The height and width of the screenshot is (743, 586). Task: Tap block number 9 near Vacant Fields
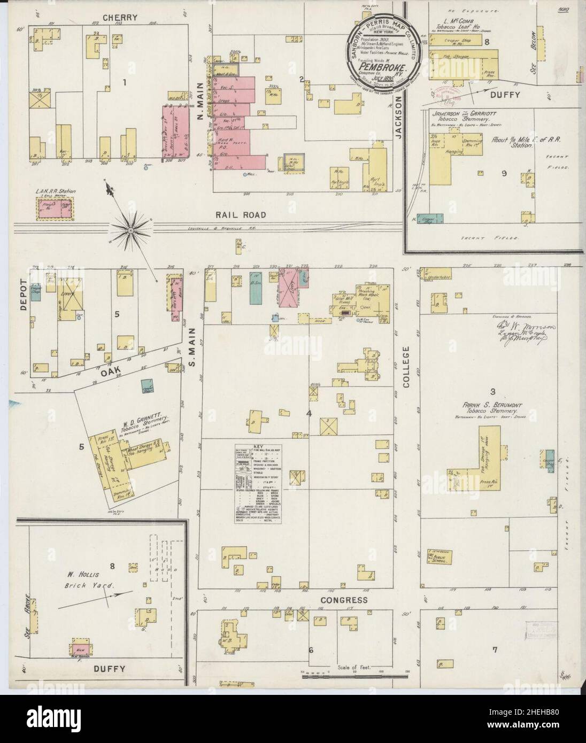click(503, 173)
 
